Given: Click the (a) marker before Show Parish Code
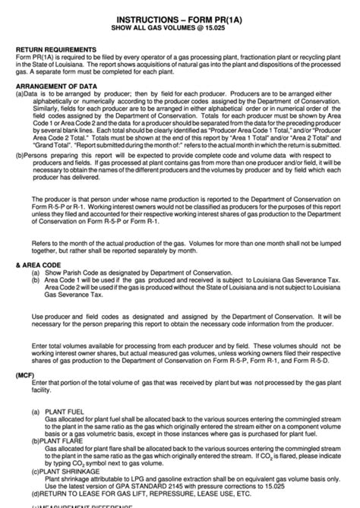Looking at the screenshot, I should pyautogui.click(x=35, y=272).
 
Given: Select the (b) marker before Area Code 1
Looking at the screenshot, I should pyautogui.click(x=35, y=279).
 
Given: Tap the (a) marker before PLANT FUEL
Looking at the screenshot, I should pyautogui.click(x=35, y=411).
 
